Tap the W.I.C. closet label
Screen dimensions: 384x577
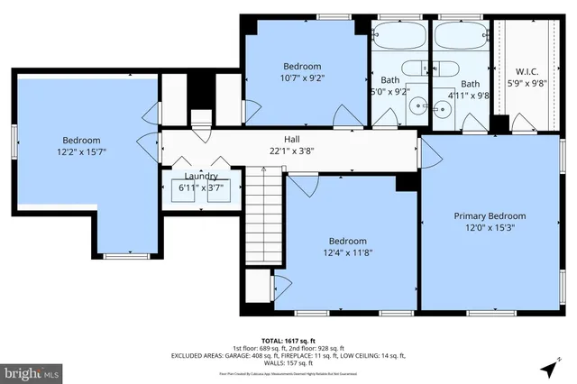coord(527,71)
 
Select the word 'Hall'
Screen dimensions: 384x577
coord(292,139)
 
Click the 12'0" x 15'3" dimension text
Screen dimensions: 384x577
coord(490,228)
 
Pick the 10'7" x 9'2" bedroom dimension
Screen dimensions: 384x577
coord(302,78)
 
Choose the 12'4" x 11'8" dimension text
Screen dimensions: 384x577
coord(347,253)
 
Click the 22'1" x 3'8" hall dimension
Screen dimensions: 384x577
coord(292,151)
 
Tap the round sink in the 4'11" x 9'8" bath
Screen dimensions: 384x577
coord(441,109)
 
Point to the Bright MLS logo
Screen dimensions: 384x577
coord(32,370)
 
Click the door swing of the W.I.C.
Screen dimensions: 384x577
coord(500,122)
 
